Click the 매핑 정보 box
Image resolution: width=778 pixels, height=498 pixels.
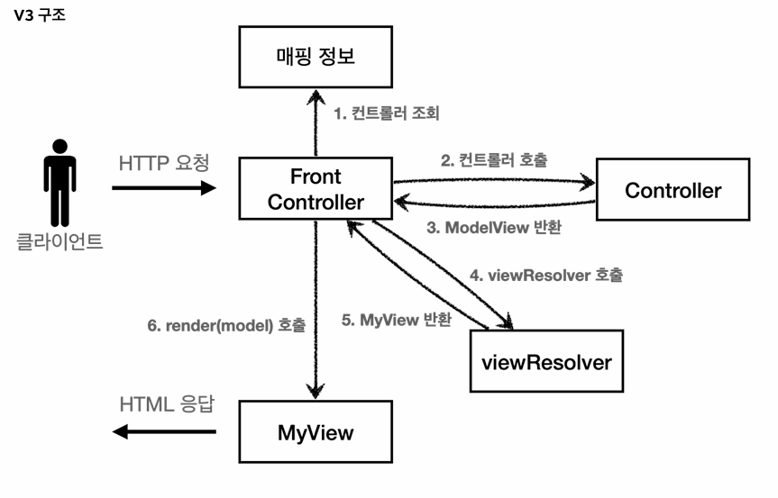[315, 57]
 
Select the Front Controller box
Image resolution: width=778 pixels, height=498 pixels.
[315, 188]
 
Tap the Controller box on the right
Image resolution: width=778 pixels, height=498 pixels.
[673, 190]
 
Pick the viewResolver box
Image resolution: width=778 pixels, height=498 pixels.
[546, 363]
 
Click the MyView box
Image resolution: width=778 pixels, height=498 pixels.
[315, 432]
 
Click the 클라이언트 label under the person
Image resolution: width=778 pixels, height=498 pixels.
[59, 241]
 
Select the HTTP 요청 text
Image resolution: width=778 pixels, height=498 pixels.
[164, 164]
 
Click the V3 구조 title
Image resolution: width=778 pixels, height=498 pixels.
[40, 16]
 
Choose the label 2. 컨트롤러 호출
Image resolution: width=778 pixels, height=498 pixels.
[494, 161]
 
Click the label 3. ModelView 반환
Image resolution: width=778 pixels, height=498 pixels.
[494, 228]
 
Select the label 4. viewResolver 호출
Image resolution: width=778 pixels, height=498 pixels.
[545, 275]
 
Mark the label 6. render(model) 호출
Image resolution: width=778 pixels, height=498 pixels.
[226, 325]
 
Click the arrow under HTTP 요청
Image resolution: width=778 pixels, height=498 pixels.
[164, 188]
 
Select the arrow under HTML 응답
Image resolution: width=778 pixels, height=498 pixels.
[164, 432]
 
